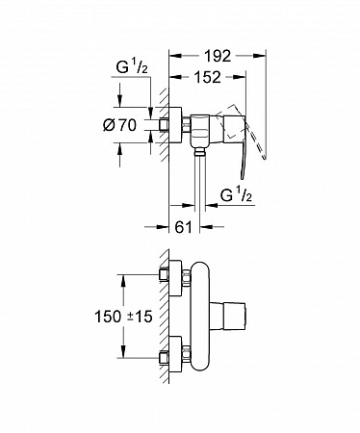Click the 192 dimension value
[x=218, y=56]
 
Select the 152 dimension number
[x=208, y=77]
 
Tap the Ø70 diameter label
[x=120, y=125]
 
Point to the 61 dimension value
[x=183, y=227]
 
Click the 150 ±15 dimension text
[x=123, y=317]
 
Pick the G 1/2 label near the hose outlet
[x=236, y=195]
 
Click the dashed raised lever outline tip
[x=265, y=157]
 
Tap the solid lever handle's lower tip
[x=242, y=176]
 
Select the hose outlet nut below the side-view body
[x=199, y=152]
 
